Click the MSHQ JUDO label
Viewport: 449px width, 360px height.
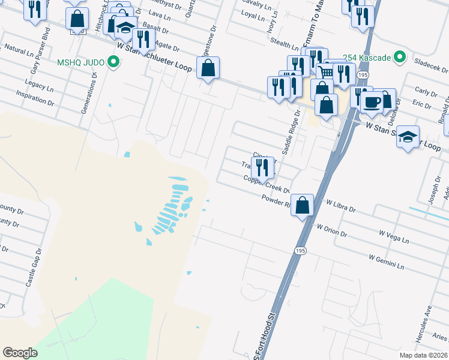tap(81, 62)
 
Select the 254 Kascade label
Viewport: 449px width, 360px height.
tap(366, 58)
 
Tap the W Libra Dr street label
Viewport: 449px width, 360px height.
tap(340, 207)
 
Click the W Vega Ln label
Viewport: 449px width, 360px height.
tap(394, 236)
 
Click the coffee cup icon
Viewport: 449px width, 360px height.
tap(372, 101)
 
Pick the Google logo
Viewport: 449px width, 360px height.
tap(20, 353)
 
